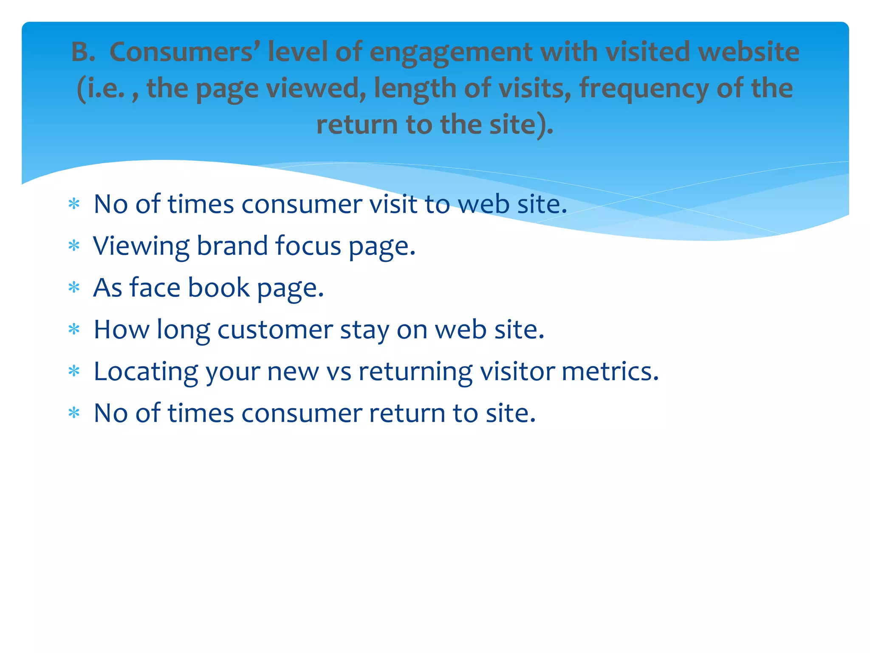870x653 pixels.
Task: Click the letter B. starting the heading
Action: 83,52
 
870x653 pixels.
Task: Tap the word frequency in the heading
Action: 644,88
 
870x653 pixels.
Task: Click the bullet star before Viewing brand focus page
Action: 74,246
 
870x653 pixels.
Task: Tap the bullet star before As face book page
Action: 74,288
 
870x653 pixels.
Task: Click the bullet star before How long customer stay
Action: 74,329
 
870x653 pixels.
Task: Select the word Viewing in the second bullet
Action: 141,246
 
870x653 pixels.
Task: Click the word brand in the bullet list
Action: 232,245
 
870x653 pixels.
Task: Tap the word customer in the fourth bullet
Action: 275,329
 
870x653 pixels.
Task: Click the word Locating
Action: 146,372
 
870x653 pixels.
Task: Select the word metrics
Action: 610,371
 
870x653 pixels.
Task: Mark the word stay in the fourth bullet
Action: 364,329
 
